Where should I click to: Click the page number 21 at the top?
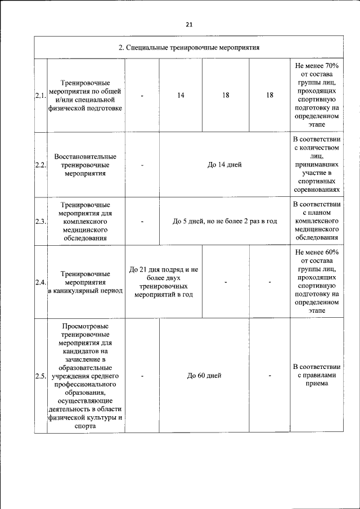(x=188, y=24)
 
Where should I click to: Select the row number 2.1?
(x=40, y=96)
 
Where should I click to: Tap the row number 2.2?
(x=40, y=165)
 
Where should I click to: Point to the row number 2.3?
(x=40, y=222)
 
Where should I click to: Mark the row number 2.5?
(x=40, y=376)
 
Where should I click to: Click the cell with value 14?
(x=181, y=96)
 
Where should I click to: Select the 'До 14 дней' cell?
(x=224, y=165)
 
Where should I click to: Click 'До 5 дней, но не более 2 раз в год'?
(x=224, y=222)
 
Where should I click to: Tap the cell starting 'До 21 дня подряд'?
(x=164, y=282)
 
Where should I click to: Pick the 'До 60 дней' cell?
(x=204, y=376)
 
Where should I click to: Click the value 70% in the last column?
(x=331, y=66)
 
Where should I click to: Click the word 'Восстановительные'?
(x=85, y=156)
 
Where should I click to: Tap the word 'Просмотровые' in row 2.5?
(x=85, y=326)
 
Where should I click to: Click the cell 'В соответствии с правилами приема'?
(x=317, y=375)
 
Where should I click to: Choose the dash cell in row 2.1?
(x=142, y=96)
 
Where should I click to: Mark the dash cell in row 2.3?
(x=142, y=222)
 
